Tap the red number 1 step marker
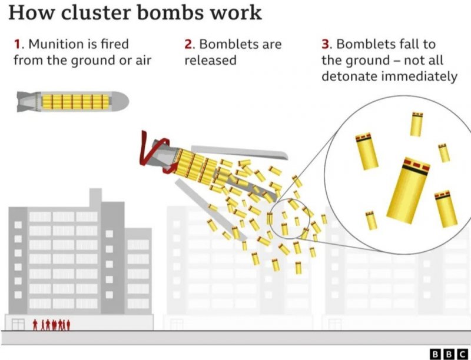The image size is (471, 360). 17,44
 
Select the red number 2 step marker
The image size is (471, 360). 188,44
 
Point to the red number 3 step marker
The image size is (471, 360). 325,44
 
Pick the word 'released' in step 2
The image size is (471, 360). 210,60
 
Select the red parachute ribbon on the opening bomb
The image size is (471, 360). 154,154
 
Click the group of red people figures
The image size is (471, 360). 51,324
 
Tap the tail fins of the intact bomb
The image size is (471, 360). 24,101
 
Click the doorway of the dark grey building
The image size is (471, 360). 18,324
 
